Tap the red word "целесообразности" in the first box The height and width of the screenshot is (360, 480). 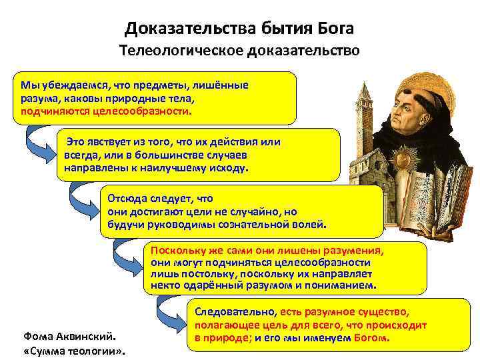[144, 111]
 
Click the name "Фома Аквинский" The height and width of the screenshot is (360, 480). [65, 336]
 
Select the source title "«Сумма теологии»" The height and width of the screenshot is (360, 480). [75, 351]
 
